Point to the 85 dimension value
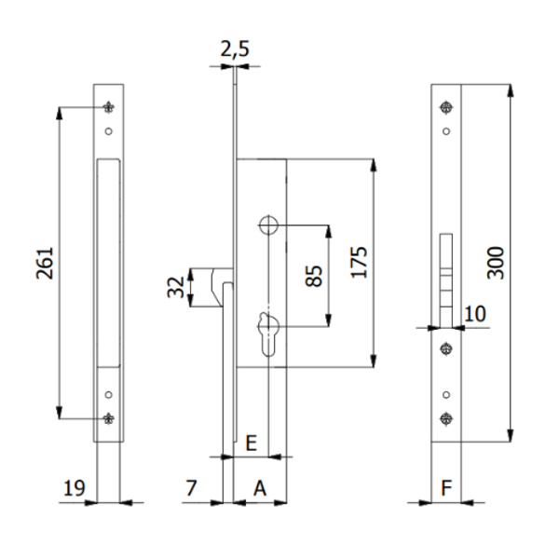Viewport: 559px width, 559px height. coord(314,276)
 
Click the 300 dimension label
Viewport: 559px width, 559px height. coord(495,264)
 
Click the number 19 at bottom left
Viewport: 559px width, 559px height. coord(75,487)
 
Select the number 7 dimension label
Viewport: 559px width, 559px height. coord(191,487)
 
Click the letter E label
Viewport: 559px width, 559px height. coord(251,443)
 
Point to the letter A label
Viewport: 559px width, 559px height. coord(260,487)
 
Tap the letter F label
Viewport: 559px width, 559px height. coord(447,487)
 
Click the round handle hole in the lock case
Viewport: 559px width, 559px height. coord(268,225)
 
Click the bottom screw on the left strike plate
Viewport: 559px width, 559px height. coord(109,418)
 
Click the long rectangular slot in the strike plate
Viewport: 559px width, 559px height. coord(109,261)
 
